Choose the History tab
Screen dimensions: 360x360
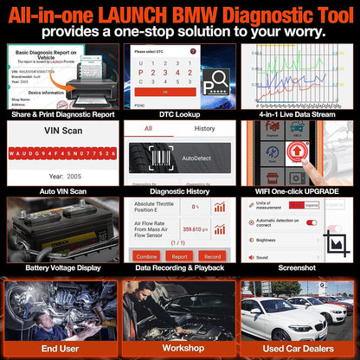[204, 127]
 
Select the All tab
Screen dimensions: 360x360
[148, 127]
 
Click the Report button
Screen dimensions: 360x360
[178, 255]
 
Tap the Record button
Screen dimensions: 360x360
[211, 255]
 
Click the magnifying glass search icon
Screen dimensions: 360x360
[212, 83]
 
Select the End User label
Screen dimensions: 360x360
[60, 348]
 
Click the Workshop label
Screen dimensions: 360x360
[179, 348]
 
